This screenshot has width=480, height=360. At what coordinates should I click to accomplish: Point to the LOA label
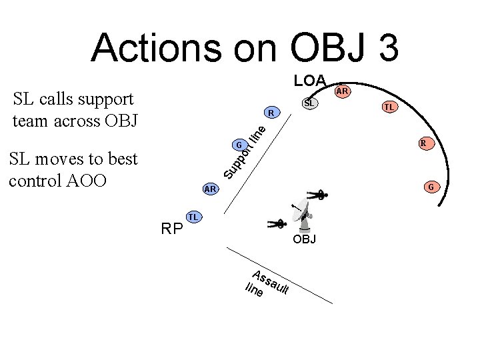click(310, 81)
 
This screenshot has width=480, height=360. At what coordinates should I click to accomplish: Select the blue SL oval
click(309, 103)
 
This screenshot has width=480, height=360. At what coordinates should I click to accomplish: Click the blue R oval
click(272, 111)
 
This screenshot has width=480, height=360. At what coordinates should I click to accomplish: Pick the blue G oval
click(238, 145)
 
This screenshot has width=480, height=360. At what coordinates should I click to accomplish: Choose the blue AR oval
click(211, 189)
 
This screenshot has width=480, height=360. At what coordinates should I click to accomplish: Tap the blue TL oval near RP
click(193, 217)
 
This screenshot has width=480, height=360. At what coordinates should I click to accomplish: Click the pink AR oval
click(343, 91)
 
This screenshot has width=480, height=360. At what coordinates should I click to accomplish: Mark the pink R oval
click(423, 143)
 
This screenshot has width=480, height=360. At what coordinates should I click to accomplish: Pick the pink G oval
click(431, 187)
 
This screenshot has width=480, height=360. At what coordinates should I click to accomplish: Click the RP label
click(172, 229)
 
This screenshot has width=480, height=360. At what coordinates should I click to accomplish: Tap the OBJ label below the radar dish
click(305, 239)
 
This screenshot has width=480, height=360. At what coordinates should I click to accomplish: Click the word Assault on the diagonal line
click(270, 282)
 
